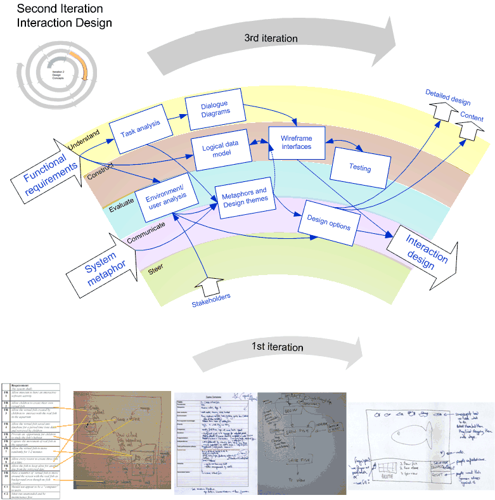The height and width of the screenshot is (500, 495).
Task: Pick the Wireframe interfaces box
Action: coord(296,142)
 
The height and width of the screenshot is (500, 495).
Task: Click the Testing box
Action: coord(360,168)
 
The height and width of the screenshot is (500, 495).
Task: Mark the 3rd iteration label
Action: coord(271,38)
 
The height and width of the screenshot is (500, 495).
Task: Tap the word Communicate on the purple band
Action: coord(146,231)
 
